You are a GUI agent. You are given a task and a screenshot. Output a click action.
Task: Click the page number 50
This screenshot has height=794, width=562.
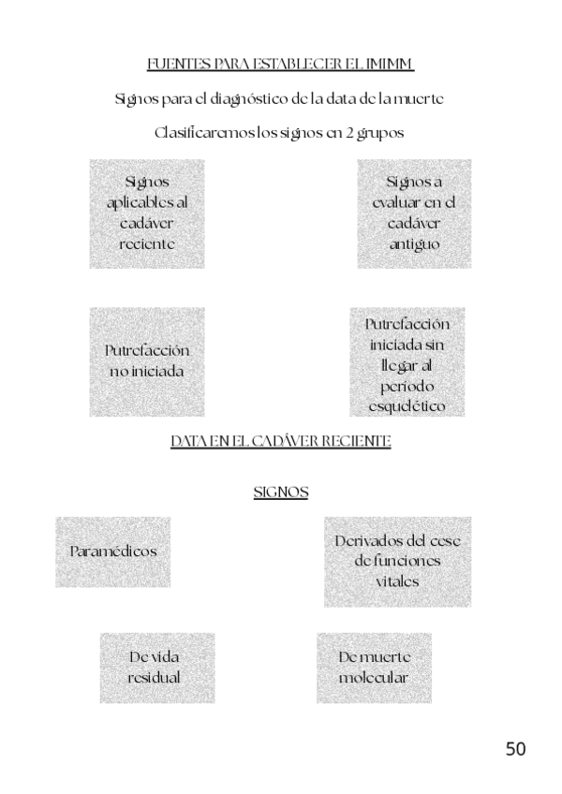515,748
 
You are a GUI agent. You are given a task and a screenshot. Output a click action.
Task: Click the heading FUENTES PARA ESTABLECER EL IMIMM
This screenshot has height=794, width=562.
281,64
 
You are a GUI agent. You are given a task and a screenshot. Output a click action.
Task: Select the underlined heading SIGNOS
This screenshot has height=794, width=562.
281,492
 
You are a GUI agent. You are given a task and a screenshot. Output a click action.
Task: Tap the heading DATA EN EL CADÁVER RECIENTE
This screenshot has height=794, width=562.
281,441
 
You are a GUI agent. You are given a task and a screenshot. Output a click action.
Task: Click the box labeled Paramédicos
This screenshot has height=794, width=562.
113,551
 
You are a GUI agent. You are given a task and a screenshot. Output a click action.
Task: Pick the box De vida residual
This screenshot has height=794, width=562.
157,668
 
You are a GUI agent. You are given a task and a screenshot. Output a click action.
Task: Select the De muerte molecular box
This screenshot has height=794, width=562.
374,668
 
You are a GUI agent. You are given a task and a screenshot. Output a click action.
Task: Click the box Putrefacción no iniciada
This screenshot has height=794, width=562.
146,361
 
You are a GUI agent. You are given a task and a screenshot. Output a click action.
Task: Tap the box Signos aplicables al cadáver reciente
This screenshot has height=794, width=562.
146,213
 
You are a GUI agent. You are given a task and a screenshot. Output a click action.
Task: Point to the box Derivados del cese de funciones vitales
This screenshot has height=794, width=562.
398,561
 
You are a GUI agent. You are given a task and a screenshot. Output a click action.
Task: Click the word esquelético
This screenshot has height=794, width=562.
407,406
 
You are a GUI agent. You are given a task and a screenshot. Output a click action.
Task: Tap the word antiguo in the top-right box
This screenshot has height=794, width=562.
414,244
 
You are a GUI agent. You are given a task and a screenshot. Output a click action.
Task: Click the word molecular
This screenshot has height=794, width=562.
374,678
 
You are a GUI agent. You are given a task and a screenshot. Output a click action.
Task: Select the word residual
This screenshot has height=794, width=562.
155,678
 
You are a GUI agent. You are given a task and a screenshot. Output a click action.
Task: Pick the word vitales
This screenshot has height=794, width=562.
397,581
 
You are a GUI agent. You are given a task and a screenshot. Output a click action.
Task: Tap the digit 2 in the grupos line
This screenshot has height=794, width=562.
348,133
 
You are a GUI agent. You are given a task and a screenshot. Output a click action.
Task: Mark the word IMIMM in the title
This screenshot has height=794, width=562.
391,64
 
